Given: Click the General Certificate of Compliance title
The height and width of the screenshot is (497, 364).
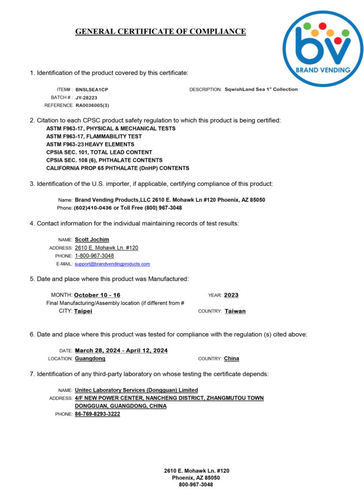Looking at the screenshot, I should coord(160,32).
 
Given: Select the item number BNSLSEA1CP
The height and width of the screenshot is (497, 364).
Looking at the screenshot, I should coord(92,90).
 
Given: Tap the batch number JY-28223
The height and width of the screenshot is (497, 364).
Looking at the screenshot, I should coord(86,98).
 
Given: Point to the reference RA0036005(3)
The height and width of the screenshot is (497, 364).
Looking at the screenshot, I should coord(92,105).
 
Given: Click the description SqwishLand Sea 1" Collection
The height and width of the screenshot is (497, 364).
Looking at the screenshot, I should coord(261,89).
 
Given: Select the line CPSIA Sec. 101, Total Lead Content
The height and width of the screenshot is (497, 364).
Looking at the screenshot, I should coord(99,152).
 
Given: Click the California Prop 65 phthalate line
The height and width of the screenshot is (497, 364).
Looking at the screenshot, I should coord(117,168).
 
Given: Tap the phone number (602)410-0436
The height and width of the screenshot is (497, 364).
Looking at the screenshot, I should coord(92,208).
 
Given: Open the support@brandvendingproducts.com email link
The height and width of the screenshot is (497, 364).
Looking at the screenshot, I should coord(112,264).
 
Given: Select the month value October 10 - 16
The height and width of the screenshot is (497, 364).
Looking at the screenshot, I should coord(97,295).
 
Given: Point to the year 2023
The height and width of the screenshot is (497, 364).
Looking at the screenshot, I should coord(231,295).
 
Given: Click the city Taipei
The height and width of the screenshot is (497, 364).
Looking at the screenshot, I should coord(83,311).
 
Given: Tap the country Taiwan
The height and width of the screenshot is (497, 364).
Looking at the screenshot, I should coord(235,311).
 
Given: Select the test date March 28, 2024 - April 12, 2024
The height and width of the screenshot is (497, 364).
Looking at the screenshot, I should coord(121,350).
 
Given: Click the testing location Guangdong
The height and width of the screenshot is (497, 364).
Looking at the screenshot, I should coord(90,359).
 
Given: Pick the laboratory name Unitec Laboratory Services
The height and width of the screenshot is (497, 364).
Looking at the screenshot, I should coord(136,390).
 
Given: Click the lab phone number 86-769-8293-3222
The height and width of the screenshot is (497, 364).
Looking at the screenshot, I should coord(97,414).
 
